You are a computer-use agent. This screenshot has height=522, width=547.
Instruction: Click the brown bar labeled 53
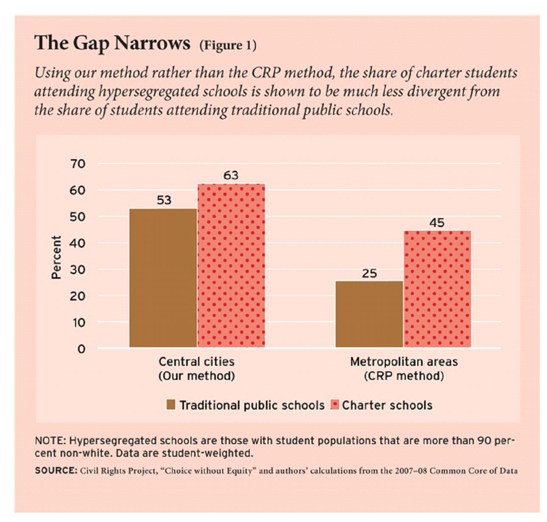click(163, 278)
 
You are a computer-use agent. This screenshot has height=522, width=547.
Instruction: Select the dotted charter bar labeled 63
click(231, 266)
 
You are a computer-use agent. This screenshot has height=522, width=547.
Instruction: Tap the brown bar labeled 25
click(369, 314)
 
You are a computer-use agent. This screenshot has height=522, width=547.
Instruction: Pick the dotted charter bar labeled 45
click(437, 289)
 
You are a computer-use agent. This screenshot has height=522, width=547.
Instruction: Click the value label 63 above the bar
click(231, 175)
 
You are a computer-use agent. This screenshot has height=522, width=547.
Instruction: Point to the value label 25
click(369, 273)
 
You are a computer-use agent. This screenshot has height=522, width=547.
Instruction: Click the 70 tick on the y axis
click(78, 164)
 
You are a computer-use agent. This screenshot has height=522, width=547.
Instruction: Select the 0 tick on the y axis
click(81, 349)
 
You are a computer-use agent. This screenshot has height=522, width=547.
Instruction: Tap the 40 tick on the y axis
click(78, 243)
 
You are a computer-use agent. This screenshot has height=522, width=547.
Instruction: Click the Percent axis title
click(56, 257)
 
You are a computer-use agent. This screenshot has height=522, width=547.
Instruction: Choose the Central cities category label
click(196, 362)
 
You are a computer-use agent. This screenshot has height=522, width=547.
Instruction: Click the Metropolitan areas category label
click(404, 362)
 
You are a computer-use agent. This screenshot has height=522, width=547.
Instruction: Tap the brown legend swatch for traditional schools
click(171, 405)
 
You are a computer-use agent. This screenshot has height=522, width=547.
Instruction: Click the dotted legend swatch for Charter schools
click(335, 405)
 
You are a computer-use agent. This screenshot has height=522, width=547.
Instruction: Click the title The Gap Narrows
click(112, 43)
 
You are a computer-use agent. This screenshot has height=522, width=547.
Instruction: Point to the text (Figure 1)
click(228, 45)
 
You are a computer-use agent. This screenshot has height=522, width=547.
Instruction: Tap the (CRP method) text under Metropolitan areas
click(404, 376)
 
